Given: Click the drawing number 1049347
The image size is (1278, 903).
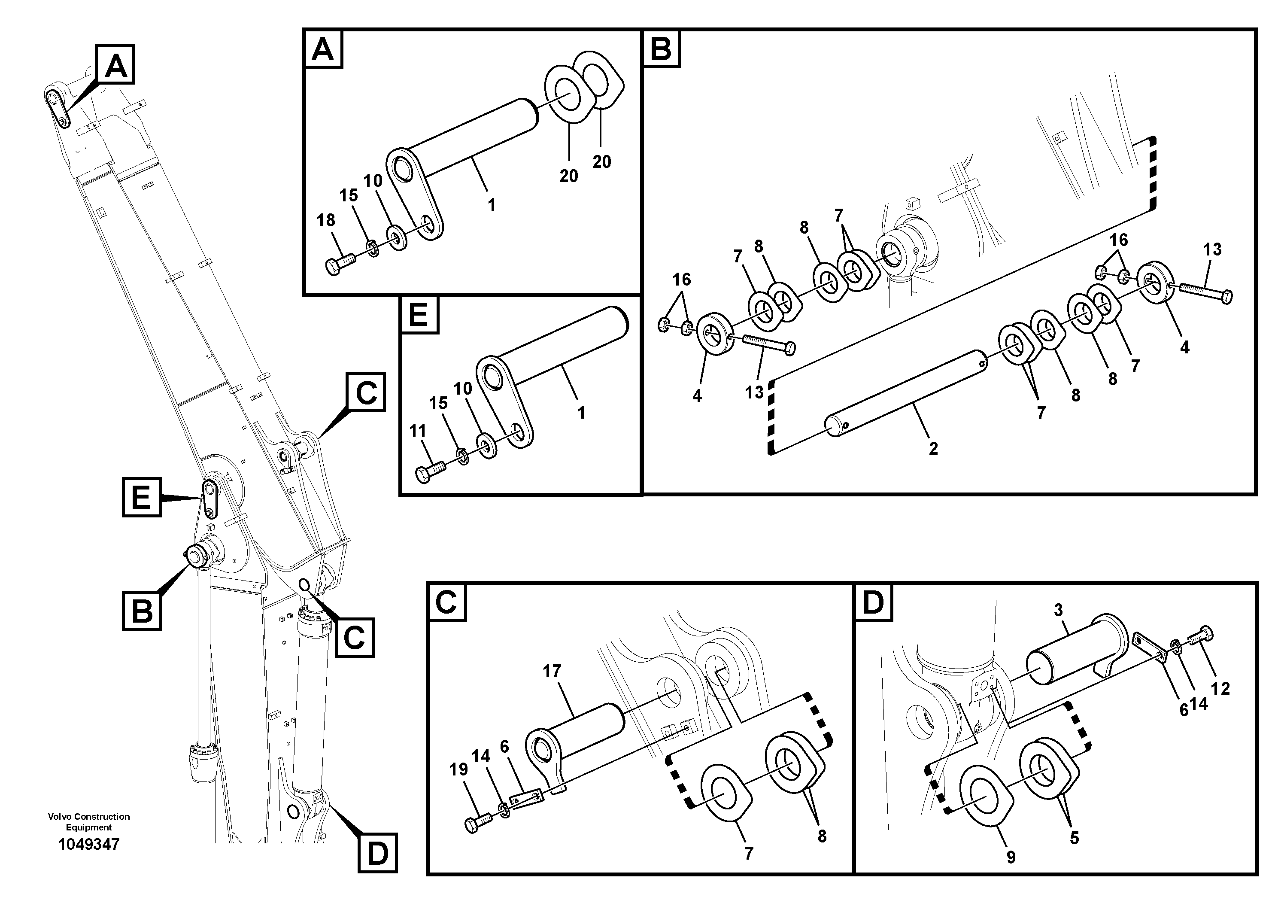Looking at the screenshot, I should tap(88, 845).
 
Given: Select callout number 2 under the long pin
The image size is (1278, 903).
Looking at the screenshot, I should tap(933, 448).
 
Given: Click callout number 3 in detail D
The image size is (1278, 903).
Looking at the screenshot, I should tap(1058, 610).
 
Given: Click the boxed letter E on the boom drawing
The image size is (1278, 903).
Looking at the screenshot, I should tap(141, 497).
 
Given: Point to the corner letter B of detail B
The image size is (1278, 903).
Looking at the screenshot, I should tap(661, 49).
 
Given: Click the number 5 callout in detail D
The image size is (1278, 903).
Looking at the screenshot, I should tap(1074, 837).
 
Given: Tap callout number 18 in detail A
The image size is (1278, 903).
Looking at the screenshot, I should tap(326, 220).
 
